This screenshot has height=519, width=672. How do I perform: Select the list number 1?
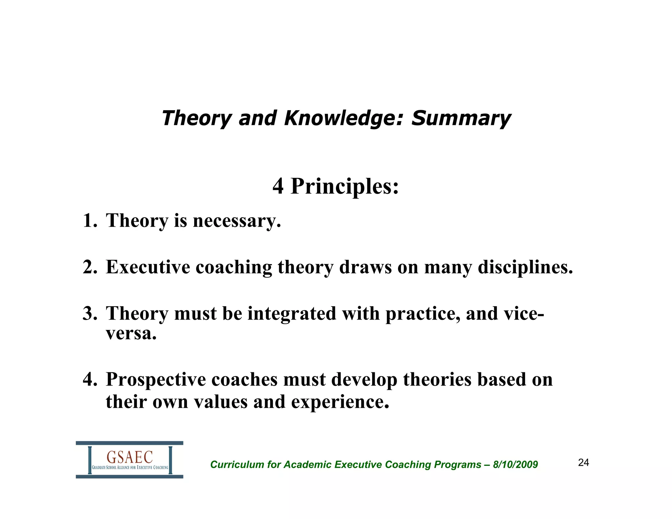click(89, 220)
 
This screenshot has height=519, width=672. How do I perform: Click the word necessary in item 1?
click(237, 221)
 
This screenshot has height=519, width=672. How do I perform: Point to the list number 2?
click(89, 267)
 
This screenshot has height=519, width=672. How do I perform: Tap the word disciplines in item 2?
click(525, 267)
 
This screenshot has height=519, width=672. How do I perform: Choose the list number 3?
click(89, 314)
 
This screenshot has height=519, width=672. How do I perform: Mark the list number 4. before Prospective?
click(89, 380)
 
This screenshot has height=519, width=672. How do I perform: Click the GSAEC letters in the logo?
click(130, 457)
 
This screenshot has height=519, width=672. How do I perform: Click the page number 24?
click(583, 463)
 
